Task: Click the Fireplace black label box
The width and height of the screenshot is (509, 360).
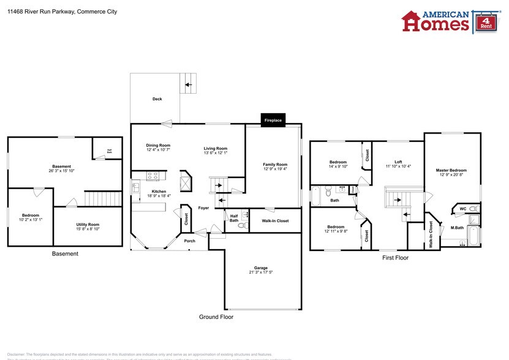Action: pyautogui.click(x=273, y=121)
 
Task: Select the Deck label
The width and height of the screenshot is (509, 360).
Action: pyautogui.click(x=157, y=99)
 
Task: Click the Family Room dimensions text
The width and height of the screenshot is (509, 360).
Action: pyautogui.click(x=274, y=169)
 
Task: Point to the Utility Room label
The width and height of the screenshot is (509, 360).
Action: pyautogui.click(x=88, y=225)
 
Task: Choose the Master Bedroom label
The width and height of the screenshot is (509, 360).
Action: pyautogui.click(x=451, y=170)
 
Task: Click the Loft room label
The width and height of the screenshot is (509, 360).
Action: pyautogui.click(x=398, y=162)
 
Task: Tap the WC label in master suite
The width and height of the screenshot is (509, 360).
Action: pyautogui.click(x=463, y=209)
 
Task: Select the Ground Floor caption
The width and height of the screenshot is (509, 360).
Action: pyautogui.click(x=216, y=317)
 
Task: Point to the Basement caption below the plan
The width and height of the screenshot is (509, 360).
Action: pyautogui.click(x=65, y=253)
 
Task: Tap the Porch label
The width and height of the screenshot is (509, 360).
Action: pyautogui.click(x=190, y=241)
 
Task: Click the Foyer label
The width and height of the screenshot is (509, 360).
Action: pyautogui.click(x=203, y=208)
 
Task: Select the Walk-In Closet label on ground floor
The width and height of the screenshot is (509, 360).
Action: pyautogui.click(x=275, y=220)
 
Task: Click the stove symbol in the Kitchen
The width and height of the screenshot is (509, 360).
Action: pyautogui.click(x=153, y=176)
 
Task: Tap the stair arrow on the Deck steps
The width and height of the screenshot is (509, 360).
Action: pyautogui.click(x=189, y=84)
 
